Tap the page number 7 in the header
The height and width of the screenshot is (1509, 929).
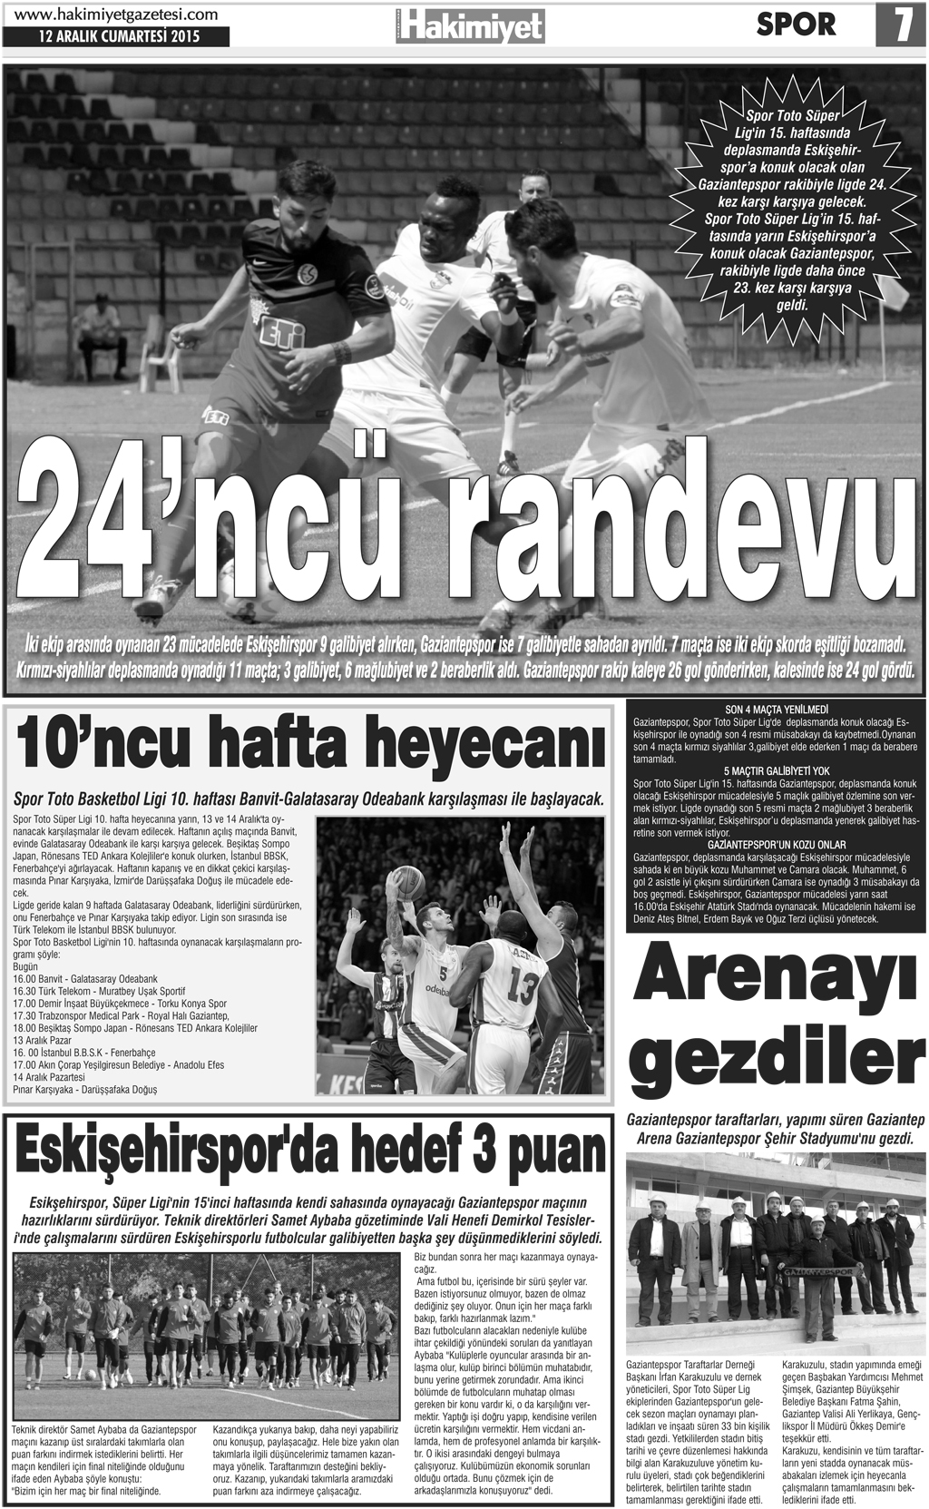[901, 25]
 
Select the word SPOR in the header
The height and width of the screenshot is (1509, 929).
[796, 25]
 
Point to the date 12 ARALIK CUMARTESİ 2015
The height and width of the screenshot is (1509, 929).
[119, 38]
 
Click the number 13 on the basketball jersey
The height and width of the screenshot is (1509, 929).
[523, 984]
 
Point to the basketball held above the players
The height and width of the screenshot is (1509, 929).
[406, 879]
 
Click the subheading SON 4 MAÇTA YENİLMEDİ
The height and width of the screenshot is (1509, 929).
[778, 710]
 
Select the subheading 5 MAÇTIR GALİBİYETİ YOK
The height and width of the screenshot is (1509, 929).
[778, 770]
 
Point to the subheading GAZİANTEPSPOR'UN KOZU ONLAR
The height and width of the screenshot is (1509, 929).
[778, 845]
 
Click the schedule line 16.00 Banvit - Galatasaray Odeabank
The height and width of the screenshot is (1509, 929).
[86, 980]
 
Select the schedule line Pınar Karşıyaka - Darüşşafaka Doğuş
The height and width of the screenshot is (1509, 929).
[85, 1089]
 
